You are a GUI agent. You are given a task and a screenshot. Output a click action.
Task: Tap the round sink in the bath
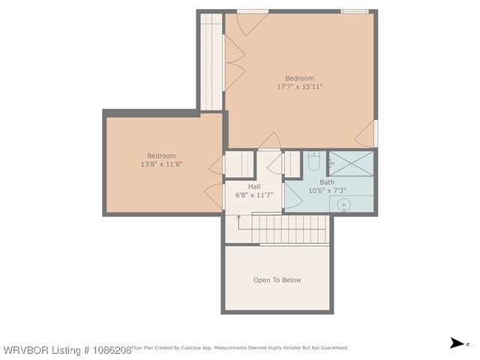click(345, 205)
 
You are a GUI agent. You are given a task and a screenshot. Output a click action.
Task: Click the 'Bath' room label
click(327, 182)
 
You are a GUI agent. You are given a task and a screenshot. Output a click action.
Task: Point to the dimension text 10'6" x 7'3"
click(327, 191)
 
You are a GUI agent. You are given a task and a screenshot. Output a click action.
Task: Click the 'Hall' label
click(254, 186)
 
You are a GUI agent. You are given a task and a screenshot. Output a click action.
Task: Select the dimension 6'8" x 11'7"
click(254, 195)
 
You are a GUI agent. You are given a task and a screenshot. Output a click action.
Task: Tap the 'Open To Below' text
click(277, 280)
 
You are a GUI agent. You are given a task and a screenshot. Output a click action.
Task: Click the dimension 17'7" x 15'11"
click(299, 86)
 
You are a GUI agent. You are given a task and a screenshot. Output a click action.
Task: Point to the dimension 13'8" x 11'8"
click(161, 164)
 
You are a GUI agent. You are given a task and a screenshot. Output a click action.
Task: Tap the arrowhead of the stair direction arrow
click(238, 216)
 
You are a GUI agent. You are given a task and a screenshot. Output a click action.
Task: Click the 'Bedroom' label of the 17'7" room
click(299, 78)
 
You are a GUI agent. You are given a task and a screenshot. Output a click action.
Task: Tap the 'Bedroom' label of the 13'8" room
click(161, 156)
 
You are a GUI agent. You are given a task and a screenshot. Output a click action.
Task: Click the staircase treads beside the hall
click(292, 228)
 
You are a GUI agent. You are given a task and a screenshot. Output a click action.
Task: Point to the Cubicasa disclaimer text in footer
click(240, 348)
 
